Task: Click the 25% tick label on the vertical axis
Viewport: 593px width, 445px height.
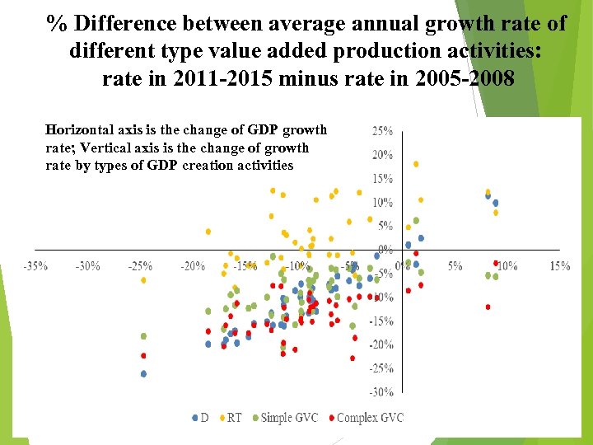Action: [x=381, y=130]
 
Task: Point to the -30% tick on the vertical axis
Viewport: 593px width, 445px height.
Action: [x=381, y=392]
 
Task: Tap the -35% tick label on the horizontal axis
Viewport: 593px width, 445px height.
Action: [x=35, y=266]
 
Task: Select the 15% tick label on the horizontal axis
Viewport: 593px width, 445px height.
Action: [x=559, y=266]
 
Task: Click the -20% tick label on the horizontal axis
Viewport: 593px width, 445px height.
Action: [x=193, y=266]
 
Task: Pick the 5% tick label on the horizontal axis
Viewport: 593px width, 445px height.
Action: [x=455, y=266]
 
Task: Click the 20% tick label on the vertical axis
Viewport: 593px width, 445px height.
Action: [x=381, y=155]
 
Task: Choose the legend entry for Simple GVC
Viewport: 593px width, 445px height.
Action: [x=288, y=418]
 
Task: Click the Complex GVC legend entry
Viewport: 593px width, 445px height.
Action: [x=370, y=418]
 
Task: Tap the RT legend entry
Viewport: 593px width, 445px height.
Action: [x=234, y=418]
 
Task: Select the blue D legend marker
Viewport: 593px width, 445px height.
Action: [x=195, y=418]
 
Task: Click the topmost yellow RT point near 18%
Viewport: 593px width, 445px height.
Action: [x=416, y=164]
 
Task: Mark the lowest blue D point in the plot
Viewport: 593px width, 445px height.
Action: [x=143, y=373]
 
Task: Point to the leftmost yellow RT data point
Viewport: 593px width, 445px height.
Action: [x=143, y=280]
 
